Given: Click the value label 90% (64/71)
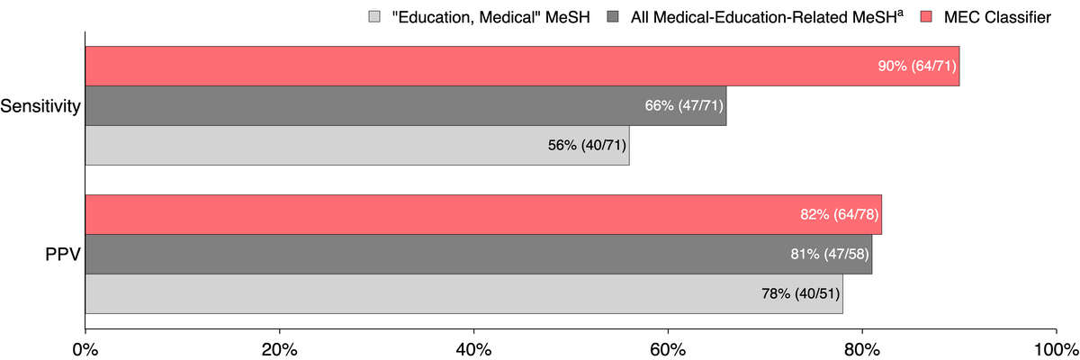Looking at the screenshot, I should tap(916, 66).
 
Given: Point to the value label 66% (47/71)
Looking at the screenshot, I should tap(683, 105).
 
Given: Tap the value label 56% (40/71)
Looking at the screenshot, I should tap(586, 145).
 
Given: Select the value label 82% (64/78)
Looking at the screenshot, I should tap(839, 214).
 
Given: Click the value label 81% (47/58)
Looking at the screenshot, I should tap(829, 254).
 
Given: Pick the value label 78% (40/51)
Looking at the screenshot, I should tap(800, 293).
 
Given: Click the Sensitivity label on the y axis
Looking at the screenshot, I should tap(40, 107).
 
